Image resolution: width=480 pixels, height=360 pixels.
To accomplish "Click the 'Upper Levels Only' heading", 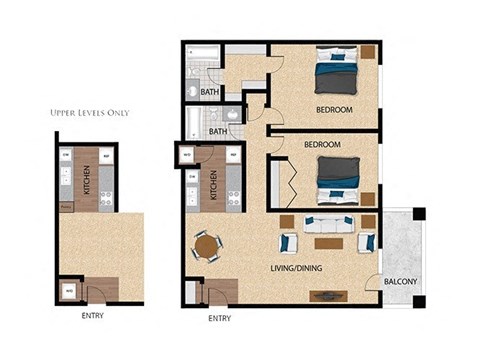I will tap(89, 112).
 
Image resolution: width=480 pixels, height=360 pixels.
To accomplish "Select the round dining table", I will tap(208, 245).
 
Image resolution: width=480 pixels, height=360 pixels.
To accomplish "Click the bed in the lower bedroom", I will tap(337, 177).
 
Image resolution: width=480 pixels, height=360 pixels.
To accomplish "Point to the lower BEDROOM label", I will tap(322, 144).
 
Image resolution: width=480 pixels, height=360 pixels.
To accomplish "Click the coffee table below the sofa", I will tap(329, 242).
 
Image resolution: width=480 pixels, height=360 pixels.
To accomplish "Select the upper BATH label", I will tap(209, 92).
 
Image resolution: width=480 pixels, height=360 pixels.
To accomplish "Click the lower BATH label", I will tap(218, 131).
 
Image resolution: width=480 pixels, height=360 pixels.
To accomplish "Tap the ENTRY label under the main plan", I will tap(219, 319).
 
